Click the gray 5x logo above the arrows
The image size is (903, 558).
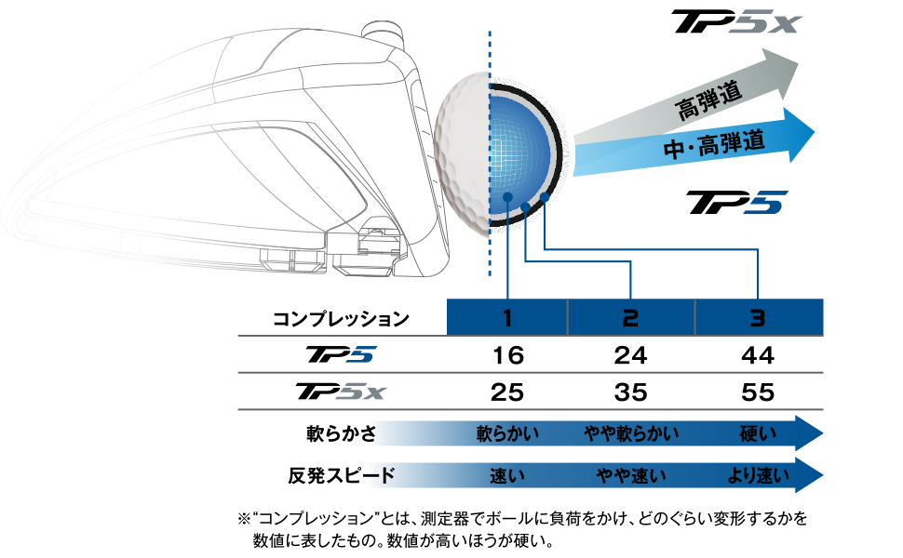(764, 22)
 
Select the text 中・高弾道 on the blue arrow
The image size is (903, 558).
(714, 143)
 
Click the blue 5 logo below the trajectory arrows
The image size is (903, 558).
(765, 203)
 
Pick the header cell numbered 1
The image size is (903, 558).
(507, 318)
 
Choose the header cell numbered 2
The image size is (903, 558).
(631, 318)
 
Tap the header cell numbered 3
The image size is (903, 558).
(758, 318)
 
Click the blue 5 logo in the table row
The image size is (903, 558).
(360, 354)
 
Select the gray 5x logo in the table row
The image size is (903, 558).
(360, 392)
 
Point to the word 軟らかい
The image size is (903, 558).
(507, 433)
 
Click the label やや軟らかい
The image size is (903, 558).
(631, 433)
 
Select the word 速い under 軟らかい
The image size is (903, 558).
(507, 476)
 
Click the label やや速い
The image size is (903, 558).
(631, 476)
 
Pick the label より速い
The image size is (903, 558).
(758, 476)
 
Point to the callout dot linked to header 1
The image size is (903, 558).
(507, 197)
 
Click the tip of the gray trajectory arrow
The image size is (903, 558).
(798, 60)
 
